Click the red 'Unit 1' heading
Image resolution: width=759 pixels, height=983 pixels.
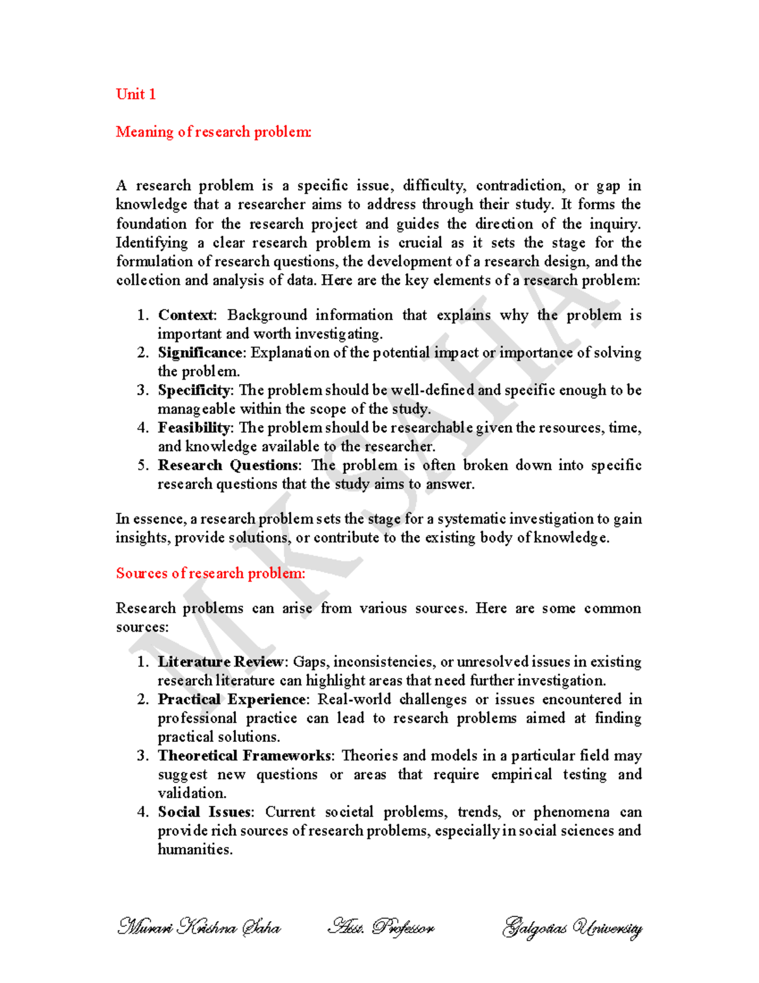[x=135, y=94]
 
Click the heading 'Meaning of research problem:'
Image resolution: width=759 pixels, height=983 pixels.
[x=213, y=132]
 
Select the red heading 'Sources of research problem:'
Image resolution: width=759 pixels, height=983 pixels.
[x=210, y=573]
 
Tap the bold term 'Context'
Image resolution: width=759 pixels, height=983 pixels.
[x=186, y=315]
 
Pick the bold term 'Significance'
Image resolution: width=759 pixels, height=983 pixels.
[x=200, y=353]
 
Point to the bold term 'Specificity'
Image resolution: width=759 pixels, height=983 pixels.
[x=194, y=390]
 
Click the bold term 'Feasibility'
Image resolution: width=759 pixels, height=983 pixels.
[x=194, y=428]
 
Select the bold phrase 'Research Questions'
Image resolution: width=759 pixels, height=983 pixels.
[x=228, y=465]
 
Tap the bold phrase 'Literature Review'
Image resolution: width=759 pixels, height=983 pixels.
[x=221, y=661]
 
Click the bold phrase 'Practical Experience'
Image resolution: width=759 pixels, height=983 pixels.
[x=231, y=699]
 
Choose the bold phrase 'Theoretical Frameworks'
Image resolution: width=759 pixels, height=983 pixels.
[x=244, y=755]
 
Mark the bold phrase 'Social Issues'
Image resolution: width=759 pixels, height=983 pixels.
[x=204, y=811]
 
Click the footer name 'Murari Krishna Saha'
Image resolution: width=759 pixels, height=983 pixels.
[x=199, y=928]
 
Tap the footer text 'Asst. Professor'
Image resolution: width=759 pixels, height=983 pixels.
[x=381, y=928]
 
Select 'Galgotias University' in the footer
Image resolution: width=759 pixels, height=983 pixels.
[x=572, y=928]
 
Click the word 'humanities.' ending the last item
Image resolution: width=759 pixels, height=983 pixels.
[x=195, y=849]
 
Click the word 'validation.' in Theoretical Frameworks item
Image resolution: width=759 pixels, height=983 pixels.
[x=192, y=793]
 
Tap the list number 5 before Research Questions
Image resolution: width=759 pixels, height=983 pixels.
[x=143, y=465]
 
